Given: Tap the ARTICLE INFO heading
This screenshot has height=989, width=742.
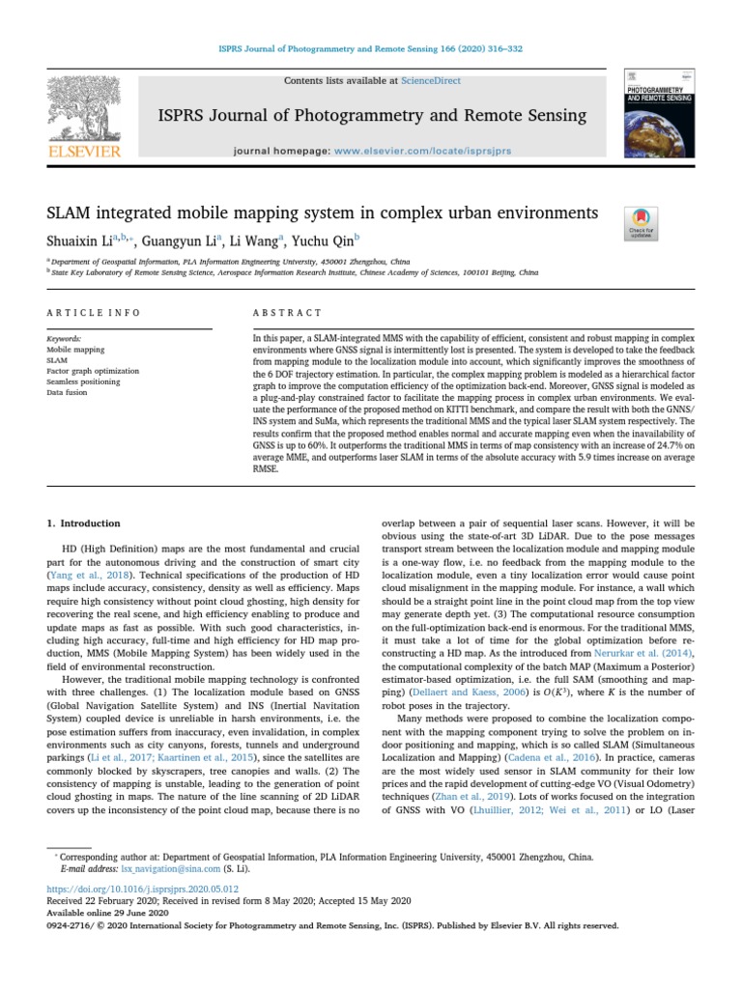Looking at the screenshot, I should pyautogui.click(x=94, y=313).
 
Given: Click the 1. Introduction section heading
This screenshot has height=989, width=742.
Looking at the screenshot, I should pyautogui.click(x=84, y=523).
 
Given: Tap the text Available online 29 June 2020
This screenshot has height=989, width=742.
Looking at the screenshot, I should pyautogui.click(x=107, y=913).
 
